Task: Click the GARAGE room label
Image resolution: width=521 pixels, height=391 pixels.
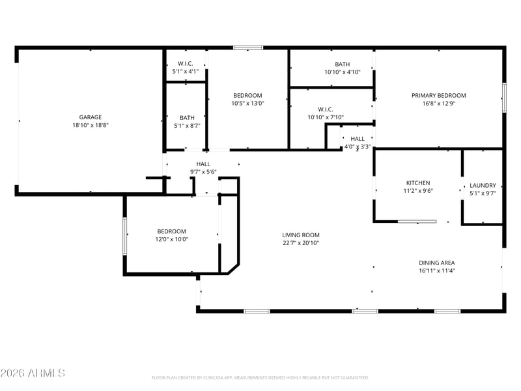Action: tap(91, 117)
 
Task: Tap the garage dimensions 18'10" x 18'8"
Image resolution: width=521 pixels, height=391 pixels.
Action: tap(91, 125)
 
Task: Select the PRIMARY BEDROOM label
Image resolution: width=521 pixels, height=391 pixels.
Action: tap(438, 95)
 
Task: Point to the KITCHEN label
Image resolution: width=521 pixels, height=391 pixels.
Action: tap(418, 183)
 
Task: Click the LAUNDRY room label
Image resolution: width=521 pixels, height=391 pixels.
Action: tap(483, 186)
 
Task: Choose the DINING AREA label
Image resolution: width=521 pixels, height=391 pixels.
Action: tap(436, 263)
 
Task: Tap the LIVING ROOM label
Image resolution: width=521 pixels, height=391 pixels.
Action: tap(301, 235)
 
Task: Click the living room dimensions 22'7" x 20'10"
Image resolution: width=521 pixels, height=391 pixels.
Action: tap(301, 243)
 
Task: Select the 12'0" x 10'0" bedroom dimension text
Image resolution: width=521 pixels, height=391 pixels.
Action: tap(171, 239)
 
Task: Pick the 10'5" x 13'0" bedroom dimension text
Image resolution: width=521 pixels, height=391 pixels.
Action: tap(247, 104)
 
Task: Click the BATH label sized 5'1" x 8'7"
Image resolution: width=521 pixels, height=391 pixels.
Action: tap(187, 118)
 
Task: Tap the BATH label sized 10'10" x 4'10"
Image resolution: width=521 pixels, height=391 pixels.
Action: tap(343, 64)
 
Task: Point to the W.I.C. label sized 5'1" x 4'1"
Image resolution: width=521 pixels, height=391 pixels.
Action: tap(186, 63)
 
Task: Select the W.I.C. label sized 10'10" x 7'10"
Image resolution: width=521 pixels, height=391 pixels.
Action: tap(325, 109)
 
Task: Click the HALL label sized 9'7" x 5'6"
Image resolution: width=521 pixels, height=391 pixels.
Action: tap(203, 164)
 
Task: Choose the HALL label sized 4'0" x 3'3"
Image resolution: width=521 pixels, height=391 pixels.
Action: tap(358, 139)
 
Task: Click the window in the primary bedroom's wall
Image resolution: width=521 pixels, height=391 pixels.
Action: tap(504, 97)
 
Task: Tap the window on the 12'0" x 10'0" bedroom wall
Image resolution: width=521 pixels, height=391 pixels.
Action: tap(125, 237)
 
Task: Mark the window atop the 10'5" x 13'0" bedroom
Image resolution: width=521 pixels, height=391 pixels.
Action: tap(248, 48)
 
